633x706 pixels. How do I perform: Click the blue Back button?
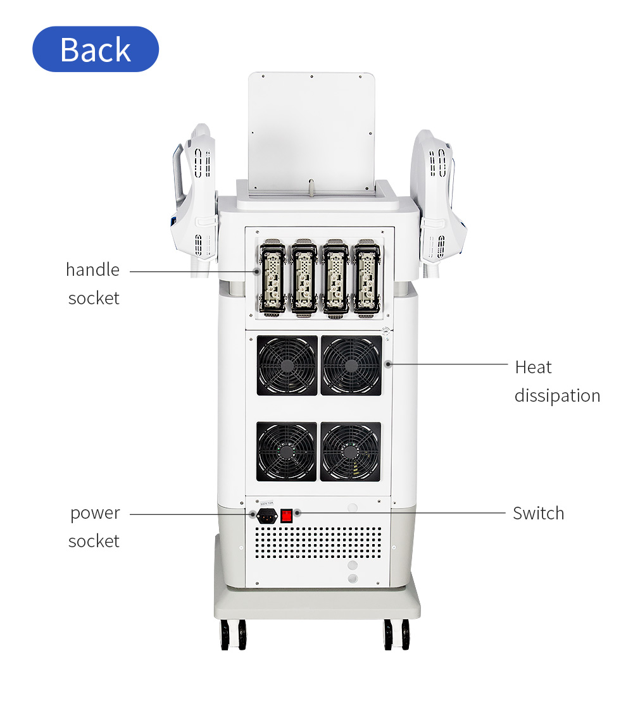point(96,49)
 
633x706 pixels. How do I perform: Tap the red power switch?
point(287,515)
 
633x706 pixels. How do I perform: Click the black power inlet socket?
point(266,516)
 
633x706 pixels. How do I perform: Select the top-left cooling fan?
point(287,366)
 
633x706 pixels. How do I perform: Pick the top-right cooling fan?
point(351,366)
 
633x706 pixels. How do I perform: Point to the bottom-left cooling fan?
point(287,452)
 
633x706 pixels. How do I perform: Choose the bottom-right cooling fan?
point(351,452)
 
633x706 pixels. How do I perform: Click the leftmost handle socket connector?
point(273,279)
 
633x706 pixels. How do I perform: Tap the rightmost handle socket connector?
point(367,279)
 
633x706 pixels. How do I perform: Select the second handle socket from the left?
point(304,279)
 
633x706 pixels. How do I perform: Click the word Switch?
point(539,513)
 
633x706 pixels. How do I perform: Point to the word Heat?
point(533,368)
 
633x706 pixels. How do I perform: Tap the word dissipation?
point(557,396)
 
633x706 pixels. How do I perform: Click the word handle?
point(93,269)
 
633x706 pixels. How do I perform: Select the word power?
point(95,514)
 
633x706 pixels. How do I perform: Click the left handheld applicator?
point(194,198)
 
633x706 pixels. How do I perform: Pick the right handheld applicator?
point(440,202)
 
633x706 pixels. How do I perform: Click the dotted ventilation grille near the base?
point(318,543)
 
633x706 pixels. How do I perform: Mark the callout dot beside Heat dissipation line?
point(389,364)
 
